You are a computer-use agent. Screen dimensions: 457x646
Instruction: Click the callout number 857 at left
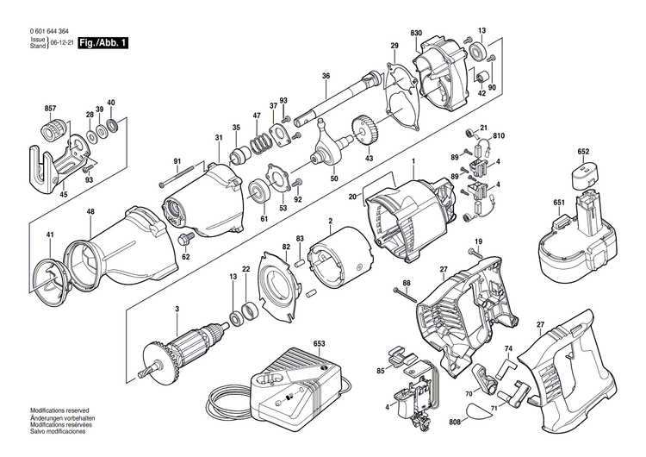[x=50, y=108]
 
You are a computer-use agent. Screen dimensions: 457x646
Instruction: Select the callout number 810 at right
[x=499, y=135]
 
